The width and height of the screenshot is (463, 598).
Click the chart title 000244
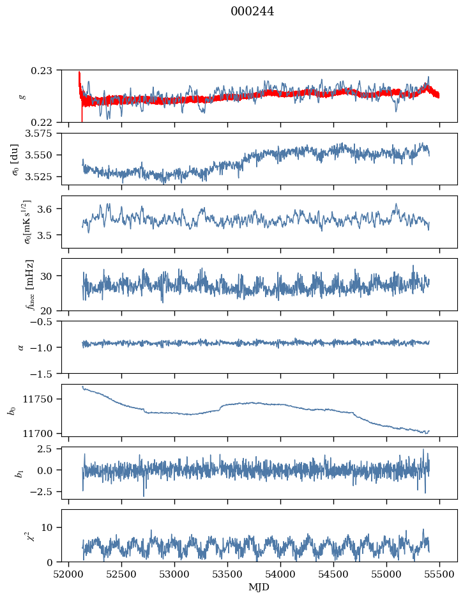[252, 11]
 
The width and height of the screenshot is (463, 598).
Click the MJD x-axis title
[259, 587]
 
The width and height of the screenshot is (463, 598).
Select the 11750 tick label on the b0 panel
[42, 399]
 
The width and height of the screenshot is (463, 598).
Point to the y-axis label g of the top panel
[22, 96]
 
